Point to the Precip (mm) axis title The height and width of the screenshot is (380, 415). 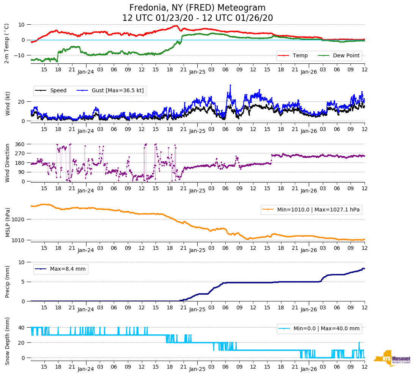(x=8, y=282)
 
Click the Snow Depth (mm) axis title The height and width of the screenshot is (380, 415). (x=8, y=341)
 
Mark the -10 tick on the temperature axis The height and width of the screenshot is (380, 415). (x=19, y=55)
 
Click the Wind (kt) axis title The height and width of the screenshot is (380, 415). (x=8, y=103)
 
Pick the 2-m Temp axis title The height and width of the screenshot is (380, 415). (x=7, y=43)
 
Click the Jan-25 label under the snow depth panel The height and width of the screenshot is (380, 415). (x=197, y=369)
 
